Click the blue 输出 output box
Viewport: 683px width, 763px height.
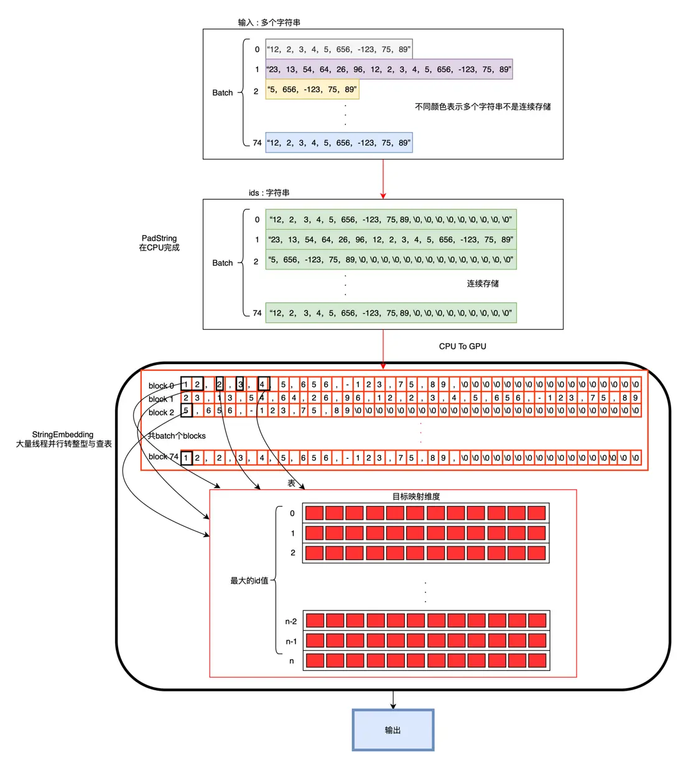pos(393,730)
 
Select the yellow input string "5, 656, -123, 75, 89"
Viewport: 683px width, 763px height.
pos(312,89)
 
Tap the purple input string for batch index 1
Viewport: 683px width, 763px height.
pos(389,69)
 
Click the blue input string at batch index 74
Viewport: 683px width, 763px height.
pos(339,143)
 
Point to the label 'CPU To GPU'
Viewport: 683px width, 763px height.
pos(462,346)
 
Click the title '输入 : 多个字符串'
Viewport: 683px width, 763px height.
pos(269,22)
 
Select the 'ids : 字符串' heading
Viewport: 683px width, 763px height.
pos(269,193)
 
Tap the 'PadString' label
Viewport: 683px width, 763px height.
pos(159,238)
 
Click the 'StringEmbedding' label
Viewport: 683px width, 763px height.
pos(62,434)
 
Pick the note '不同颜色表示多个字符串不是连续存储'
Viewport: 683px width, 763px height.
pos(483,106)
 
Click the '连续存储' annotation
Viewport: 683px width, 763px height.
pos(483,284)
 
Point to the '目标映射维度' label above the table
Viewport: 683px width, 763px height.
pos(416,497)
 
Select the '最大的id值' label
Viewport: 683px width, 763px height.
pos(249,581)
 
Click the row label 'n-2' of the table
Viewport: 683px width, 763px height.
pos(290,621)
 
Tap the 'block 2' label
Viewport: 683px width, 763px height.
pos(161,413)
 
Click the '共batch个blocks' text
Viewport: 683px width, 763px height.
pos(177,436)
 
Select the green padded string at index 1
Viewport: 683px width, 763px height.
pos(391,240)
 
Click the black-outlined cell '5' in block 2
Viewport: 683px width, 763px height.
pos(187,410)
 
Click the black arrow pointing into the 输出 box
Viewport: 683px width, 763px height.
pos(393,700)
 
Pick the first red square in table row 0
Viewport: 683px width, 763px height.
pos(314,513)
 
